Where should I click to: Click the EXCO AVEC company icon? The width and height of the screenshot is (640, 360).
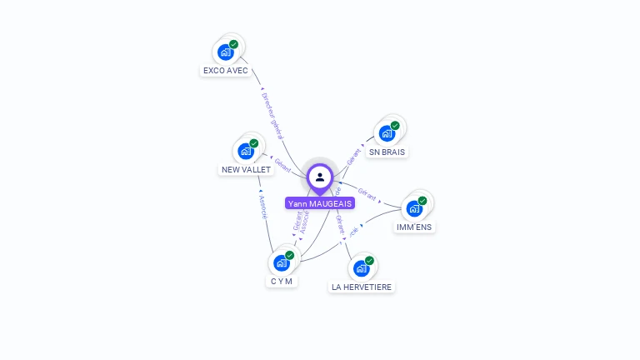[x=225, y=52]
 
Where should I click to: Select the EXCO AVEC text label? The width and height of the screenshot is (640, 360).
[x=226, y=71]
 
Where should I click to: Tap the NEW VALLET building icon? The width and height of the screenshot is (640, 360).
[x=246, y=151]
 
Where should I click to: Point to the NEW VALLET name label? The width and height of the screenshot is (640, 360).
[x=246, y=170]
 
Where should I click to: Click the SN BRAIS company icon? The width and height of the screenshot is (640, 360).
[x=387, y=132]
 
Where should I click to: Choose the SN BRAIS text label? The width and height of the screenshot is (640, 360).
[x=387, y=152]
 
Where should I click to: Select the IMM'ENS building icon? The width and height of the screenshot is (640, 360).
[x=414, y=207]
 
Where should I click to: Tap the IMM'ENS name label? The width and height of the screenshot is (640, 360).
[x=415, y=227]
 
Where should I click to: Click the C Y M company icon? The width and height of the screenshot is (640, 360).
[x=282, y=262]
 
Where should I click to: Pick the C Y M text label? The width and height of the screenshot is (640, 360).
[x=282, y=282]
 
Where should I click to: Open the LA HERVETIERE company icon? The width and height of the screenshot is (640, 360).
[x=361, y=267]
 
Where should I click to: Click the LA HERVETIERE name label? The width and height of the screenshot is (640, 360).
[x=362, y=287]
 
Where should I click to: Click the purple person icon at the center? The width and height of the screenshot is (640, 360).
[x=320, y=177]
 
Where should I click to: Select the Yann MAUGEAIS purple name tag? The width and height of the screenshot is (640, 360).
[x=320, y=203]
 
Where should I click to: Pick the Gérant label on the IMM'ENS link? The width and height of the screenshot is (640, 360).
[x=367, y=197]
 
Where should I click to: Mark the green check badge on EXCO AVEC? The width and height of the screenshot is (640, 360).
[x=234, y=44]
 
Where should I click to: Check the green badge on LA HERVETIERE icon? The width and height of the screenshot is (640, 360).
[x=369, y=260]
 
